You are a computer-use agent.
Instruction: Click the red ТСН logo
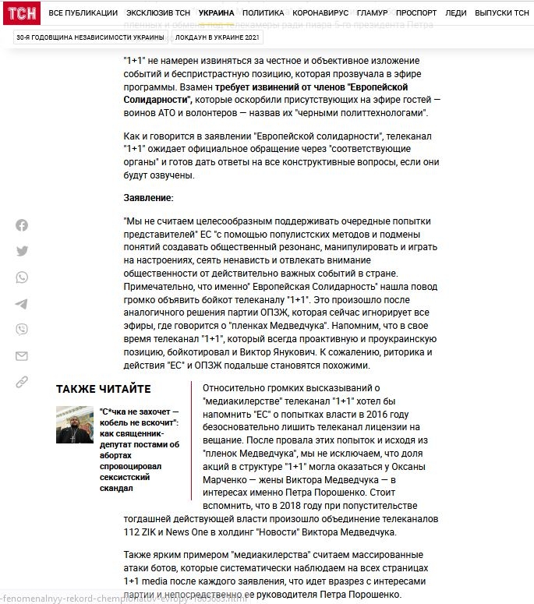(x=21, y=13)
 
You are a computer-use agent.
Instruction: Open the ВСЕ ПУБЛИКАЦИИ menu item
(x=83, y=13)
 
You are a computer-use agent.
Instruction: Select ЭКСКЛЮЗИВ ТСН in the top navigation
(x=158, y=13)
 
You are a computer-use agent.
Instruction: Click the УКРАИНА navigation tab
(x=216, y=13)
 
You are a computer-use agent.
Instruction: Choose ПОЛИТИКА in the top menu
(x=263, y=13)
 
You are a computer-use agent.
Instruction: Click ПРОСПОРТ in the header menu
(x=416, y=13)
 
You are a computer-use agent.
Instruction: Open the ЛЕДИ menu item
(x=455, y=13)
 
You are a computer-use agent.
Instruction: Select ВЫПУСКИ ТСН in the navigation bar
(x=502, y=13)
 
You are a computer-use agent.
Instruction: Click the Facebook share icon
(x=22, y=225)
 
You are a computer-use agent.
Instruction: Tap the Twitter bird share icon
(x=22, y=251)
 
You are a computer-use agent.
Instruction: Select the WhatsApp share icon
(x=22, y=277)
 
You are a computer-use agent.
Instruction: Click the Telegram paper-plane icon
(x=22, y=304)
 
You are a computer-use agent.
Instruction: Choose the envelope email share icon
(x=22, y=356)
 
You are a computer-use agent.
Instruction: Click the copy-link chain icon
(x=22, y=382)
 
